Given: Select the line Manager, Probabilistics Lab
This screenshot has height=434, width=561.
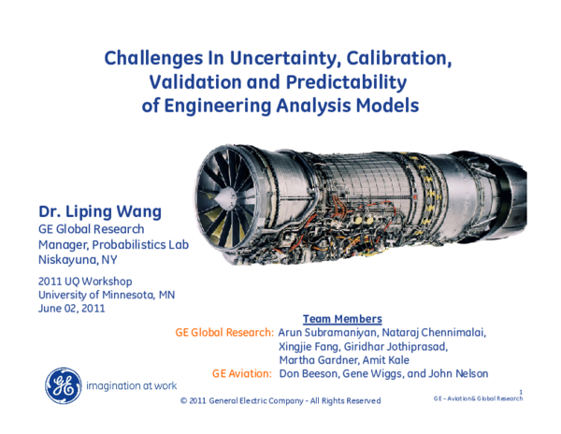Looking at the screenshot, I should (113, 244).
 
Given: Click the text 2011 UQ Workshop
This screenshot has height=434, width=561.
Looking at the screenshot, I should (85, 282).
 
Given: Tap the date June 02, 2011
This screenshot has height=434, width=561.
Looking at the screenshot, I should (71, 309).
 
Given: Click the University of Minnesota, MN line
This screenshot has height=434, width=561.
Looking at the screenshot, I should (106, 296).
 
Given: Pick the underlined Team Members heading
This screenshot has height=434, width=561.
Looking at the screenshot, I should (342, 319).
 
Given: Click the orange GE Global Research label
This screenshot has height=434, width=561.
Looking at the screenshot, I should (224, 333).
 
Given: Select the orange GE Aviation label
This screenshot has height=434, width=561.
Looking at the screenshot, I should (241, 373).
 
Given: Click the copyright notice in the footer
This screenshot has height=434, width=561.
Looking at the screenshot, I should (280, 401).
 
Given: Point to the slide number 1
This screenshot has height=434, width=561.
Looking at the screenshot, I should (520, 390).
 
